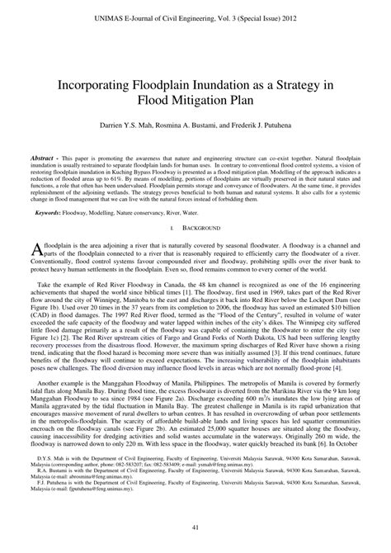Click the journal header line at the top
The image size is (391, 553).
(x=195, y=14)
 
